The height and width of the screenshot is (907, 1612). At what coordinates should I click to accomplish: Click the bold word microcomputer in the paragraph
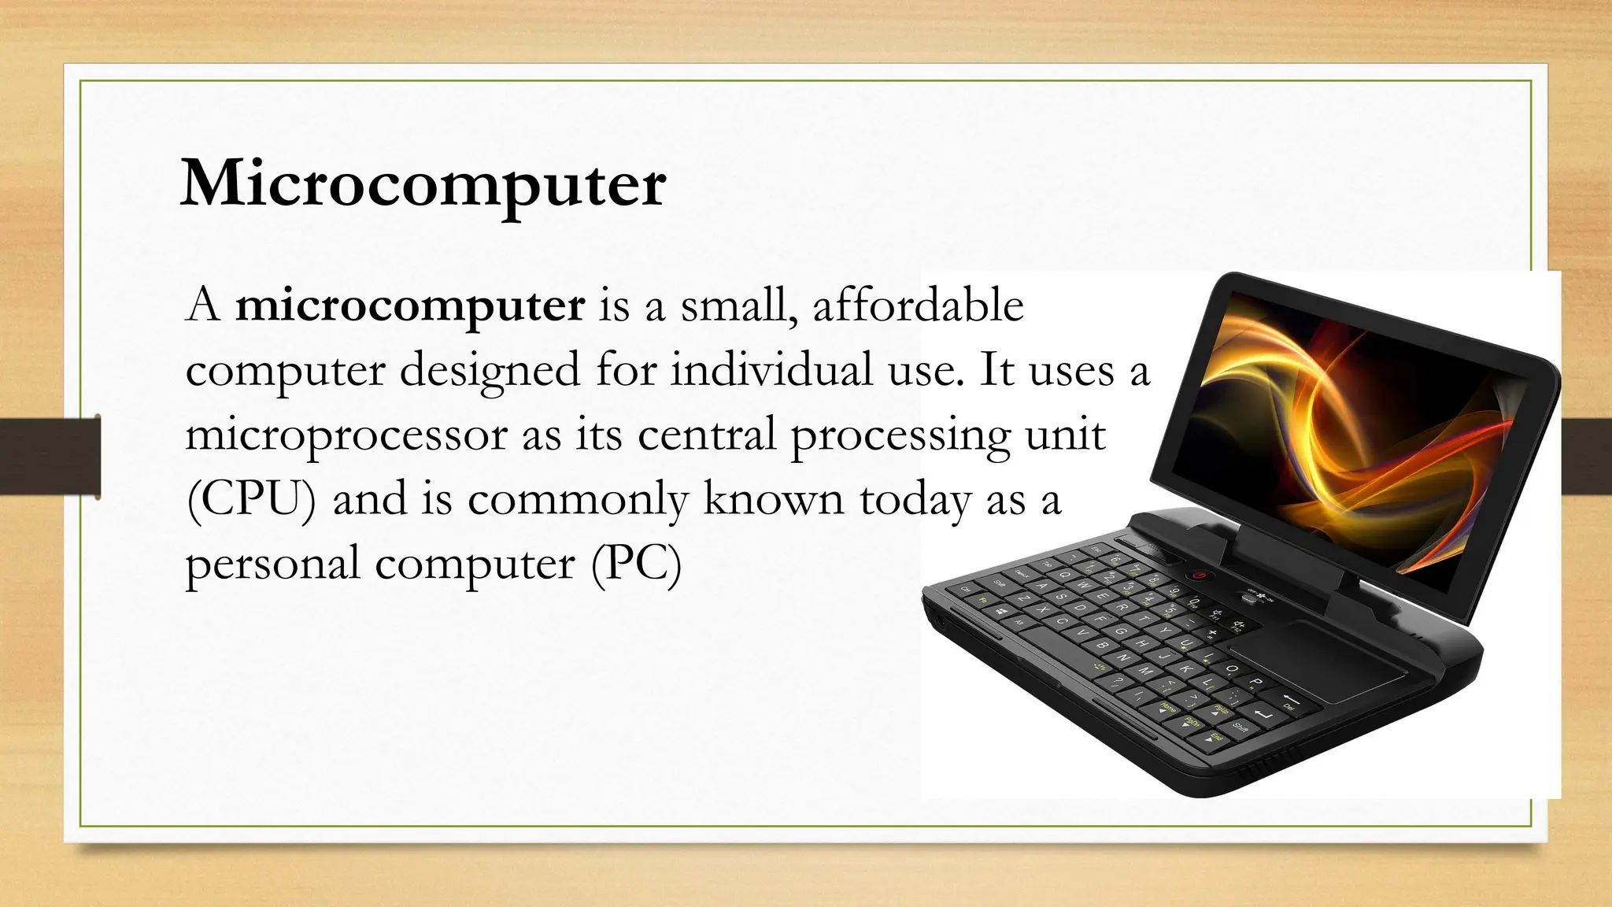tap(409, 305)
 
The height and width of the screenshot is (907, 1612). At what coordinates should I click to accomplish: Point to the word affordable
tap(918, 305)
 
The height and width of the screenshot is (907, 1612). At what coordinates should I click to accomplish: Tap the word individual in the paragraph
tap(771, 370)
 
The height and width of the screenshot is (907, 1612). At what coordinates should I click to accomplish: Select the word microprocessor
tap(346, 435)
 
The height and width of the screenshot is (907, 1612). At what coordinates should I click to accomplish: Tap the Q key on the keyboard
tap(1064, 576)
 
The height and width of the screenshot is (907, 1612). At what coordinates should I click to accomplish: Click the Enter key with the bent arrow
tap(1264, 714)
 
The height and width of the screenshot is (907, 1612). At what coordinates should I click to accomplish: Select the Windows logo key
tap(1001, 612)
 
